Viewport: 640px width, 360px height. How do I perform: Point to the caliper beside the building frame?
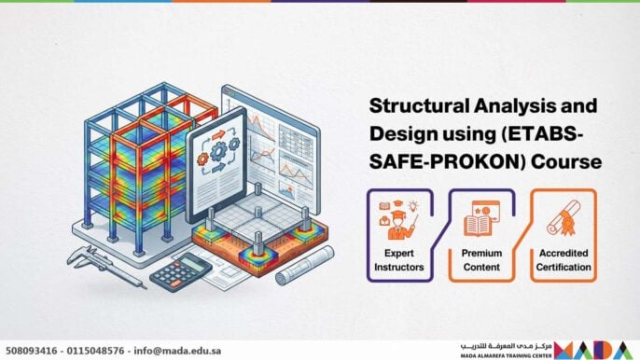(x=99, y=267)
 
